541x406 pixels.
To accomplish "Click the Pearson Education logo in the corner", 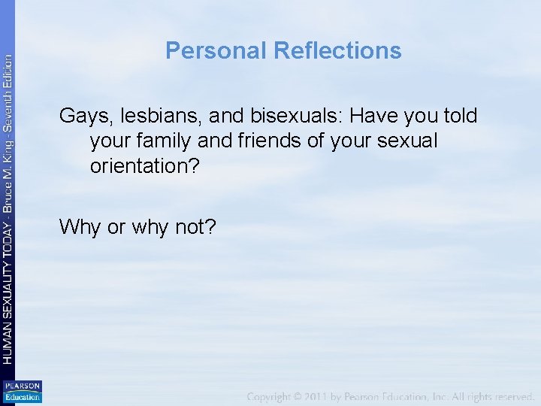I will (x=23, y=392).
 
